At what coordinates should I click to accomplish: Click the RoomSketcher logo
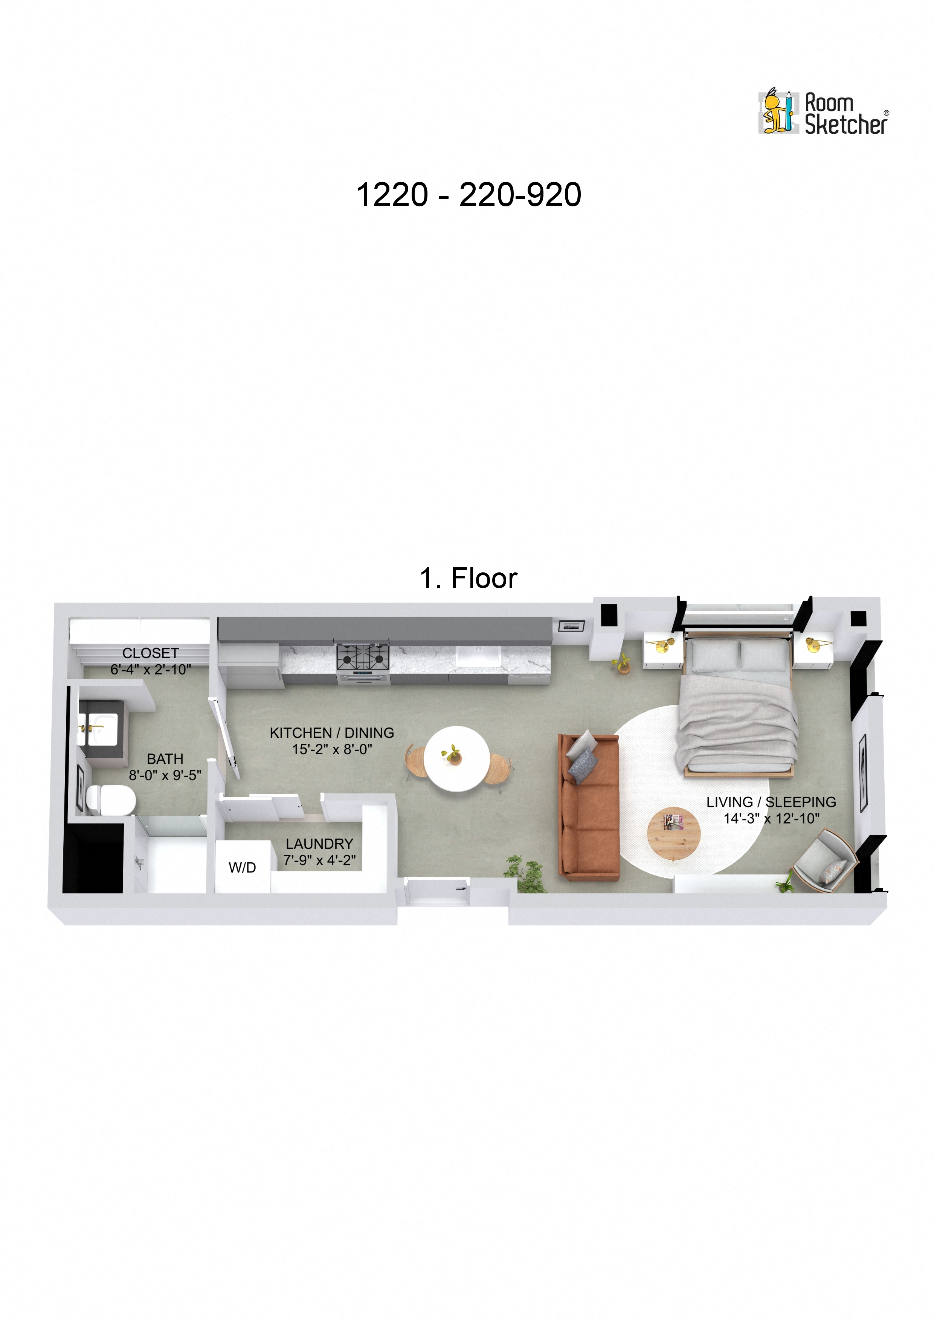click(x=823, y=113)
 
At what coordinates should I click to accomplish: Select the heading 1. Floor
click(x=469, y=578)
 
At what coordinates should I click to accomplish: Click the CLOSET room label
click(x=150, y=653)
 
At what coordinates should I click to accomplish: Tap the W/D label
click(x=242, y=868)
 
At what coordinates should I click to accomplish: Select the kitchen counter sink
click(x=478, y=656)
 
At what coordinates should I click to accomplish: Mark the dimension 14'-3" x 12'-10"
click(x=771, y=818)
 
